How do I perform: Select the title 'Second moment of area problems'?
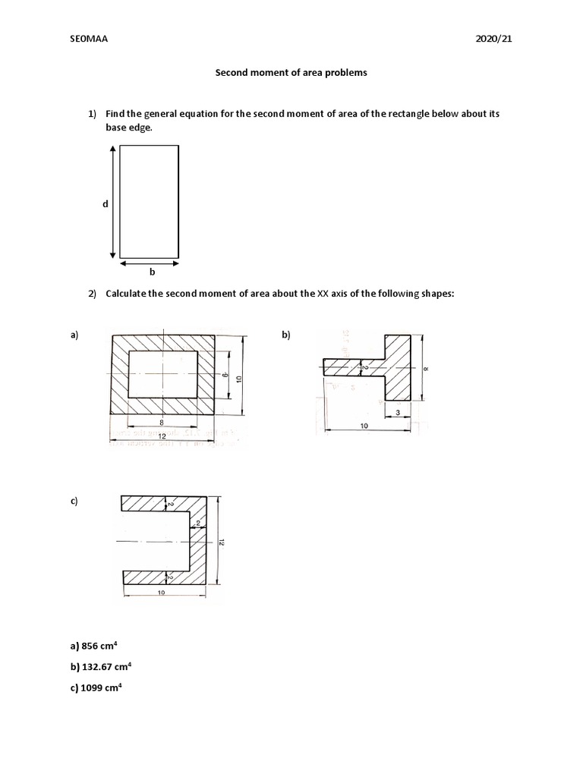tap(291, 74)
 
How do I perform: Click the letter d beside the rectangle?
tap(106, 203)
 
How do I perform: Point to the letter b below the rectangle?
tap(151, 272)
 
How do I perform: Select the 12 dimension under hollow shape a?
tap(162, 437)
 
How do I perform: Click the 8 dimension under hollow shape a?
tap(162, 422)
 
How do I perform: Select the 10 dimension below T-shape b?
tap(364, 427)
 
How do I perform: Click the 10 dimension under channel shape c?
tap(162, 593)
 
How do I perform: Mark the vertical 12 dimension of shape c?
tap(221, 542)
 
